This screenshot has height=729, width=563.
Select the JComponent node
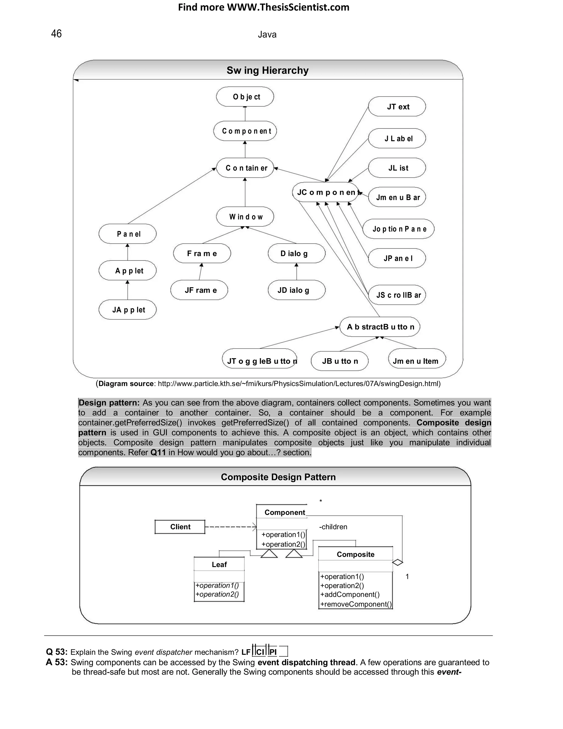pos(326,192)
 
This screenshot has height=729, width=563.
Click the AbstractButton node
pos(380,327)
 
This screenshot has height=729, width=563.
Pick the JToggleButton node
pos(260,361)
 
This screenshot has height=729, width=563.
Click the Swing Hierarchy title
pos(267,70)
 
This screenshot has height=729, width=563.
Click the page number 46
pos(56,34)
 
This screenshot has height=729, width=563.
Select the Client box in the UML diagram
pos(180,527)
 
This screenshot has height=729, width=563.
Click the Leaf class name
pos(219,564)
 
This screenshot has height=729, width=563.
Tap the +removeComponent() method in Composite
pos(355,604)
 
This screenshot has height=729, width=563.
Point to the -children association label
pos(333,527)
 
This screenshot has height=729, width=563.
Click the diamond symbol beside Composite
pos(398,563)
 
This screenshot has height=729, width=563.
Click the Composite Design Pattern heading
pos(278,477)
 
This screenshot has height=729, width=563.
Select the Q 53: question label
pos(57,652)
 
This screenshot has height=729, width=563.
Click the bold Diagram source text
pos(126,383)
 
